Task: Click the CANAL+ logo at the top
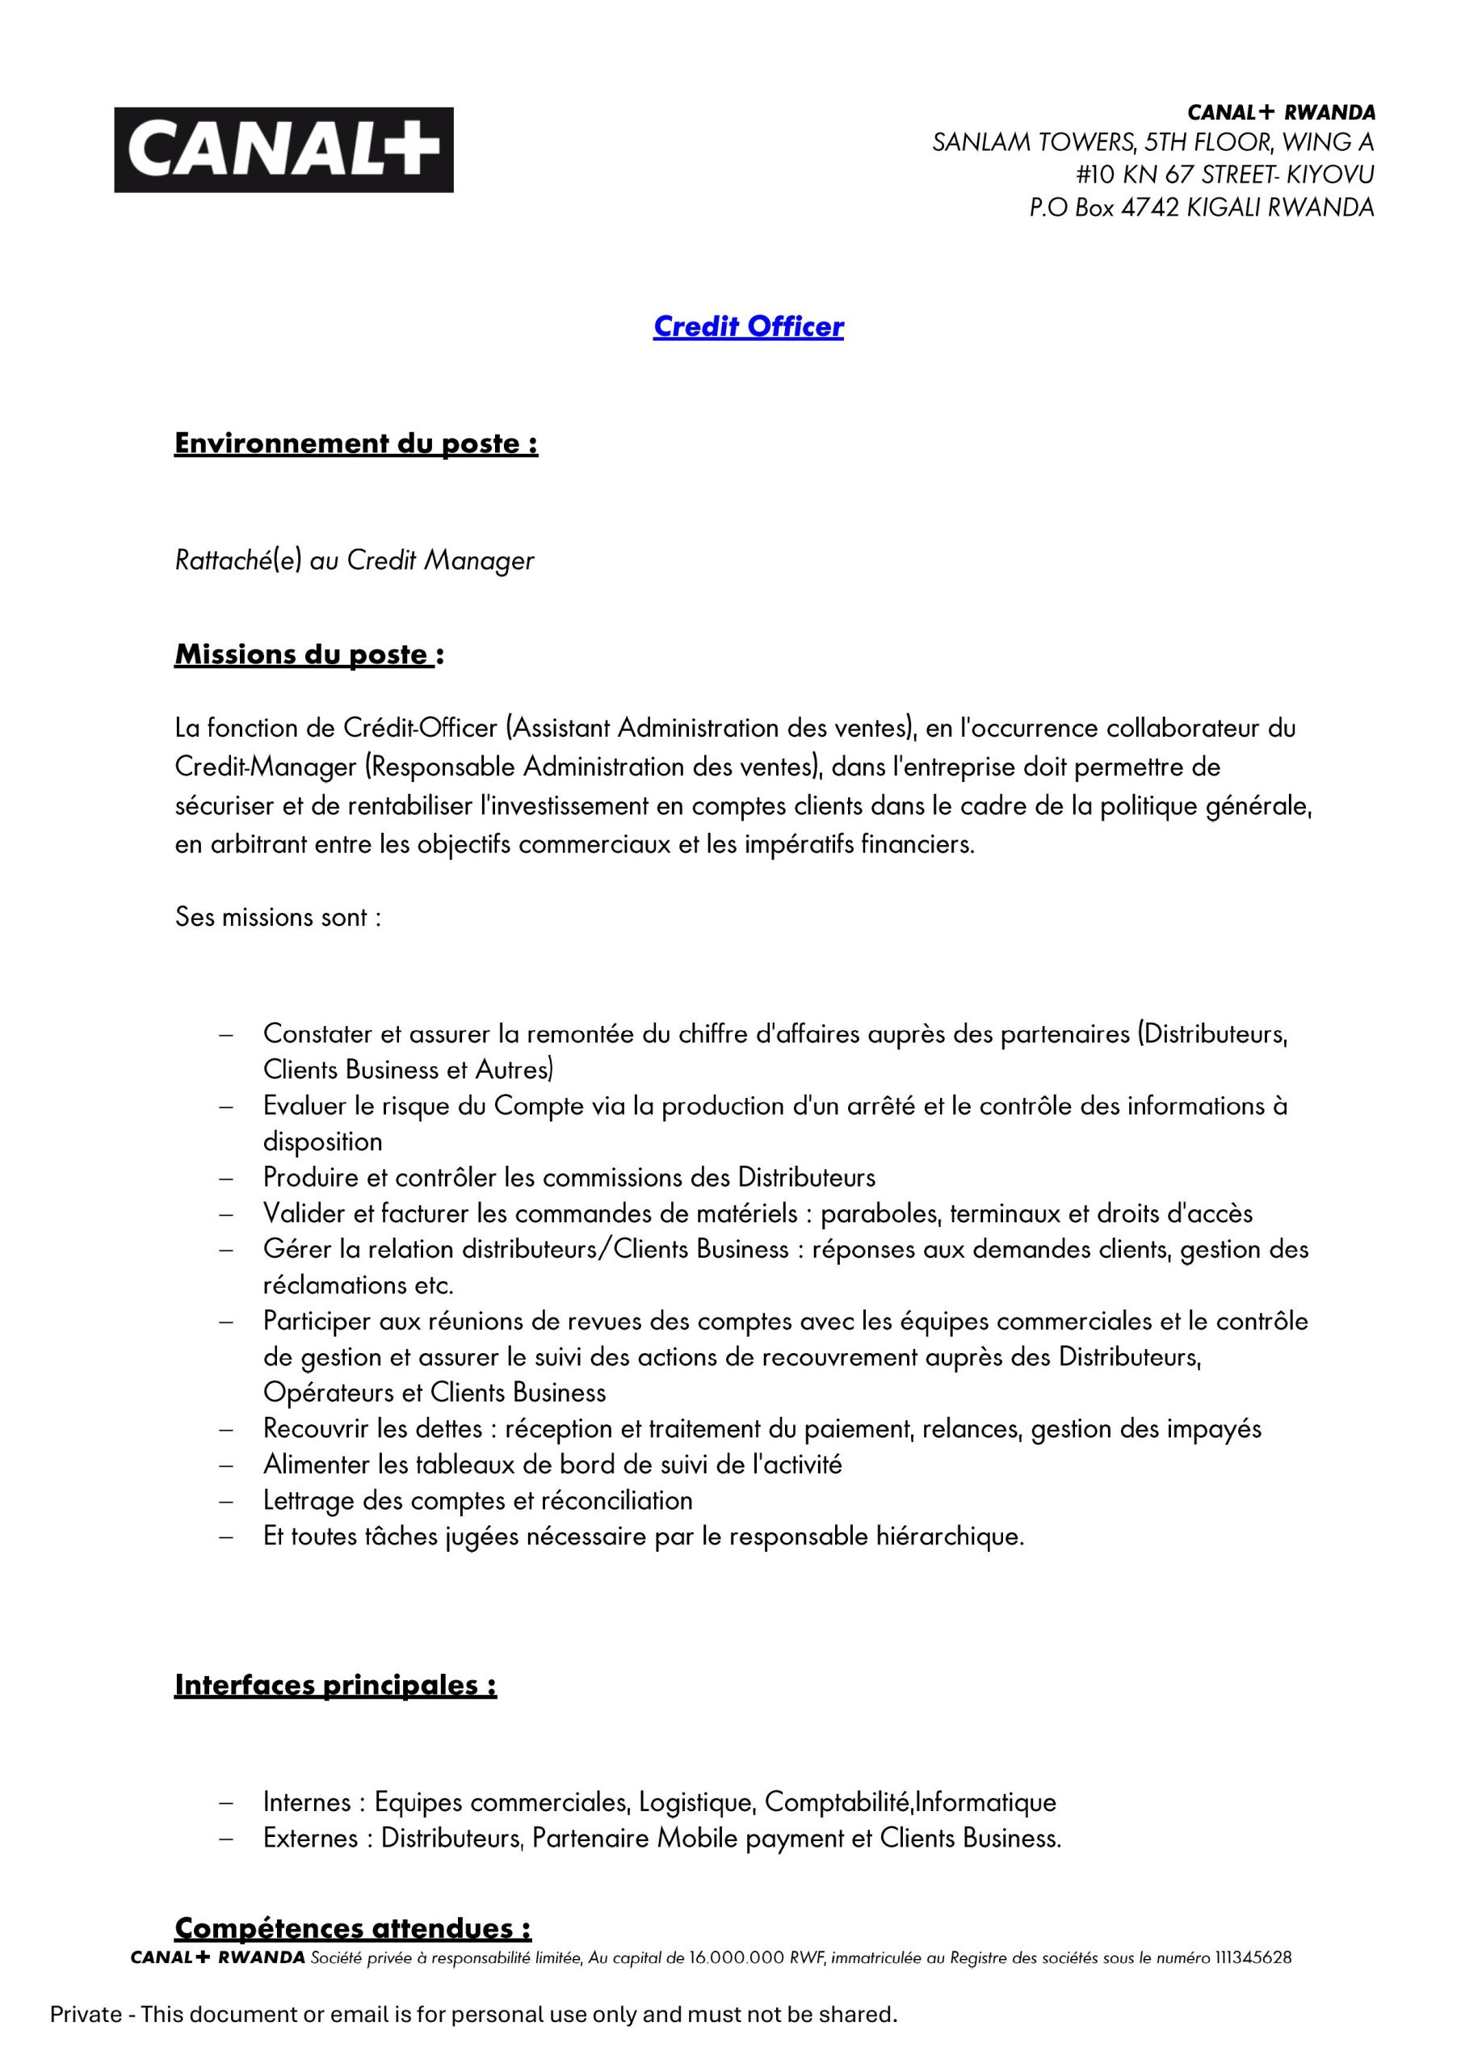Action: (283, 149)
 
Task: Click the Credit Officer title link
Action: (748, 326)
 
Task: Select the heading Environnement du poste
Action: (356, 443)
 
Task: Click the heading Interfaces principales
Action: (335, 1685)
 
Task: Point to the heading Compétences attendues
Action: (352, 1928)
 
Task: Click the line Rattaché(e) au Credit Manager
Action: (354, 561)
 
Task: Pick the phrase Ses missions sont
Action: (278, 918)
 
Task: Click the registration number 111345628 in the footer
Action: (1253, 1957)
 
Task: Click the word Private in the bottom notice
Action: (86, 2014)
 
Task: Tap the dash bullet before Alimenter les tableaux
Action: (226, 1465)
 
